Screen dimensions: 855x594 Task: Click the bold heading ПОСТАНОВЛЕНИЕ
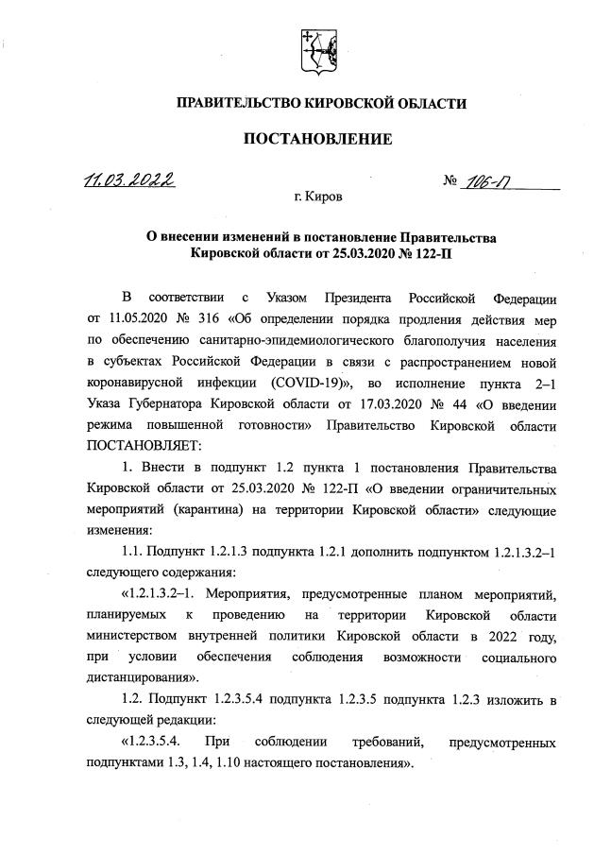317,140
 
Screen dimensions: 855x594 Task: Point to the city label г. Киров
318,197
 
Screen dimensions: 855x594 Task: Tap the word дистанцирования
143,676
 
